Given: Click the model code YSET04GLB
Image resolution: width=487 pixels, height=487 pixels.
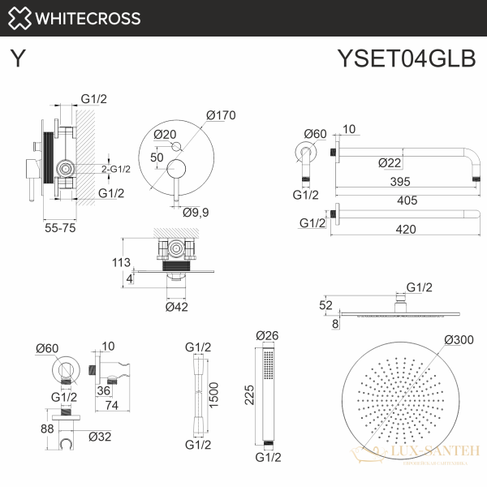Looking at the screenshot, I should [x=405, y=61].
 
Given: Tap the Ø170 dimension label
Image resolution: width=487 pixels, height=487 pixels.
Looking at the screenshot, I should [x=220, y=115].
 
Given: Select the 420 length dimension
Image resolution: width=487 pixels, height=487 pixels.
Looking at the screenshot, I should [x=406, y=229].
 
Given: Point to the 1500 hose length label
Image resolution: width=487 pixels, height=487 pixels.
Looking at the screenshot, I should [x=213, y=394].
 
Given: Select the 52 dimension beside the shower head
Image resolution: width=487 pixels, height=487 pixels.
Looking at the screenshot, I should [x=326, y=305].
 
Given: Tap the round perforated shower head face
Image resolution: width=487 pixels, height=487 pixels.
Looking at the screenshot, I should [x=399, y=407].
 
